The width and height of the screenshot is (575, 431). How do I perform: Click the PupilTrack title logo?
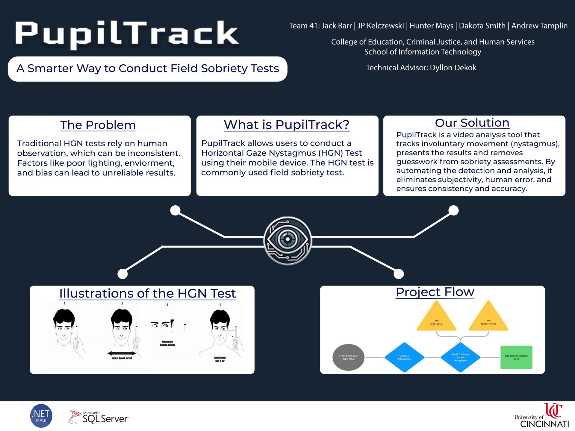pyautogui.click(x=127, y=34)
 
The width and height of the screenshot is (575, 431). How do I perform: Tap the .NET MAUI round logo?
pyautogui.click(x=41, y=416)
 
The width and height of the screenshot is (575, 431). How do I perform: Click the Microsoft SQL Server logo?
pyautogui.click(x=99, y=417)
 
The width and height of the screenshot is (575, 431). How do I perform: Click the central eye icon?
pyautogui.click(x=287, y=240)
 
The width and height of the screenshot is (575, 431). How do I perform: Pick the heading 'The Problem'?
pyautogui.click(x=98, y=125)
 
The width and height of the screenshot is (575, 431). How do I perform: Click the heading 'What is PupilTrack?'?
pyautogui.click(x=287, y=125)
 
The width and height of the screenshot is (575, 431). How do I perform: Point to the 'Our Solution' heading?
pyautogui.click(x=472, y=123)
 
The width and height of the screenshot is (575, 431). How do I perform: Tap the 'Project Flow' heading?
pyautogui.click(x=435, y=292)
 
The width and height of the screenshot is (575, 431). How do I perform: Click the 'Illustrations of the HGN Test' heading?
pyautogui.click(x=148, y=293)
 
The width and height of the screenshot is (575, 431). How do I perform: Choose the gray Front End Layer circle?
pyautogui.click(x=348, y=357)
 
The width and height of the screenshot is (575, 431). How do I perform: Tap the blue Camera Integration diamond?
pyautogui.click(x=404, y=357)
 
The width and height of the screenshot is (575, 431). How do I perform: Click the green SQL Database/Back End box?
pyautogui.click(x=516, y=357)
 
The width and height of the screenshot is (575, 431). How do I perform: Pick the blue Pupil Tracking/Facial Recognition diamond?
pyautogui.click(x=460, y=357)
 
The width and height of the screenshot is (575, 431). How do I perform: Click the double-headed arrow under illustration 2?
pyautogui.click(x=122, y=353)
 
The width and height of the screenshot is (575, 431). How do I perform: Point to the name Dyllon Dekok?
pyautogui.click(x=453, y=68)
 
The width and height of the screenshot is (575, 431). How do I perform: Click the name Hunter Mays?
pyautogui.click(x=431, y=26)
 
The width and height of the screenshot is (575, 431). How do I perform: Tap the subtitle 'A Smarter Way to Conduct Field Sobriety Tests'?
pyautogui.click(x=148, y=69)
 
